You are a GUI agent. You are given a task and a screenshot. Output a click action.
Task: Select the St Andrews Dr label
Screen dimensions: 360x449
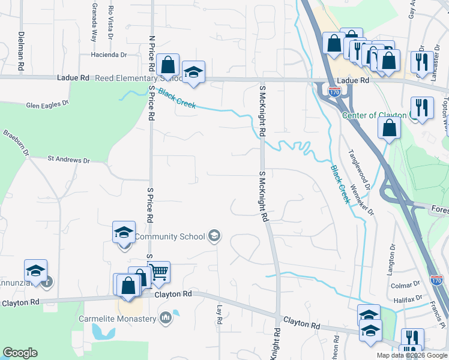[x=68, y=160]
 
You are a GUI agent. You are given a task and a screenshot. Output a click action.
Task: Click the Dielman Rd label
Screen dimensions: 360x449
[x=21, y=44]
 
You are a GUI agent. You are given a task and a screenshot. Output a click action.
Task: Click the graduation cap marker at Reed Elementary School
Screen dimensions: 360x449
[x=193, y=72]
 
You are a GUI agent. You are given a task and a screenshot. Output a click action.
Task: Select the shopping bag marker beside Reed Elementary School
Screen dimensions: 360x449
[x=169, y=65]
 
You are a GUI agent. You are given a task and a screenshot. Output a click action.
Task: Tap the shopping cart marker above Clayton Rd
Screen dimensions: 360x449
[x=158, y=272]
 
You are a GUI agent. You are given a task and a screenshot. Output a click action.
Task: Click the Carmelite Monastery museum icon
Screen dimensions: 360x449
[x=166, y=317]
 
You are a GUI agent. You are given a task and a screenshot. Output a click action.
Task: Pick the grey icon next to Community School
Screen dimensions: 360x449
[x=214, y=236]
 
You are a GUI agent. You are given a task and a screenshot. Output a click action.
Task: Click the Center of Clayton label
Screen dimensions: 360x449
[x=375, y=115]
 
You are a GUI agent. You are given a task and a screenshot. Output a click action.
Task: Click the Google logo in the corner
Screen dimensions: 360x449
[x=20, y=353]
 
